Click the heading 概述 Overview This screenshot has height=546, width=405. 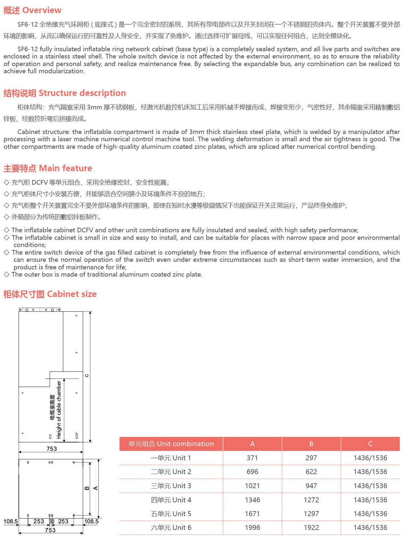click(x=32, y=11)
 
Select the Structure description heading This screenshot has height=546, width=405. click(x=64, y=93)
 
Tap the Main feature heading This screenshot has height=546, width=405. click(x=48, y=169)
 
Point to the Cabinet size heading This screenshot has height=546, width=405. click(x=50, y=294)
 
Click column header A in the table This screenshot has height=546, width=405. click(x=252, y=444)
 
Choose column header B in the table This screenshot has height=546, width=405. click(x=311, y=444)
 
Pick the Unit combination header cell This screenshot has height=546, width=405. click(x=171, y=444)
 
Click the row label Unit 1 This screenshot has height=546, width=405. click(x=171, y=458)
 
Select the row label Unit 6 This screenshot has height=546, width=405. click(x=171, y=528)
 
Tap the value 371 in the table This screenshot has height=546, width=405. click(x=252, y=458)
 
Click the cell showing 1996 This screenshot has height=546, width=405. click(x=252, y=528)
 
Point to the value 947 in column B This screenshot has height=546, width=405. click(x=311, y=486)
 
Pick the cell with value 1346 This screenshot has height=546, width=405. click(x=252, y=500)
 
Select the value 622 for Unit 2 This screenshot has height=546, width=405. click(x=311, y=472)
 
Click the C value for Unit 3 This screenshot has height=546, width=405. click(x=370, y=486)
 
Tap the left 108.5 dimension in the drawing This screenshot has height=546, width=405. click(x=11, y=521)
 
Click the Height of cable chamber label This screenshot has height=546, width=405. click(x=59, y=410)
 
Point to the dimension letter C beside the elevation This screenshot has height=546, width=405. click(x=87, y=375)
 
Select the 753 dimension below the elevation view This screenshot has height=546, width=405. click(x=52, y=449)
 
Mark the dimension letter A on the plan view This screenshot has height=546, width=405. click(x=95, y=488)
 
